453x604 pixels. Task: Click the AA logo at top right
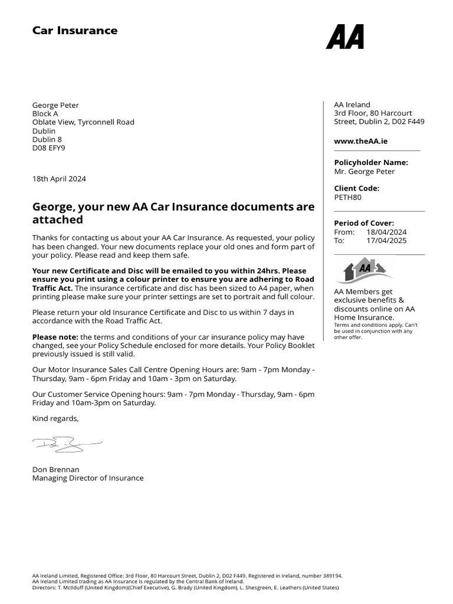coord(345,37)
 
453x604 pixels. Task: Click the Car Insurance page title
coord(75,31)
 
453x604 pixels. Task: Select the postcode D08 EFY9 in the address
coord(48,148)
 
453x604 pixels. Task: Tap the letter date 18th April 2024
coord(59,179)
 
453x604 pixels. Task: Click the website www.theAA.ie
coord(360,141)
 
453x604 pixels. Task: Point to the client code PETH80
coord(347,197)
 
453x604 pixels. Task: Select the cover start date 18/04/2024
coord(386,232)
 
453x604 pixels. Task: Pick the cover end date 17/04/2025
coord(386,241)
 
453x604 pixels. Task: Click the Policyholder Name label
coord(370,163)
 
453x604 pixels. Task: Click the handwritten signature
coord(66,443)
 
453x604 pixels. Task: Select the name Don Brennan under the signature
coord(55,470)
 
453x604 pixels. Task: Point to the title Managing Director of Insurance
coord(87,478)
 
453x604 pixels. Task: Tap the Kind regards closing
coord(55,418)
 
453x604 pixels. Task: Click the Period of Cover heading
coord(364,223)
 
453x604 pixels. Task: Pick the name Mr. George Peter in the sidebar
coord(364,172)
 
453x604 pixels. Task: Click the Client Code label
coord(356,189)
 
